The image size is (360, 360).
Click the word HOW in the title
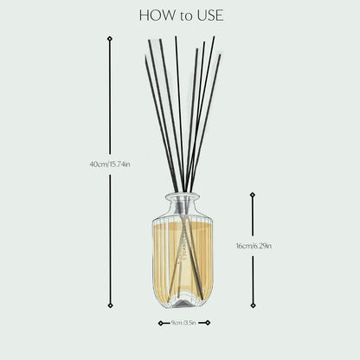click(x=154, y=15)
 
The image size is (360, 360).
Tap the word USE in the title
click(x=208, y=15)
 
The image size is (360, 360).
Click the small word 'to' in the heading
click(x=182, y=16)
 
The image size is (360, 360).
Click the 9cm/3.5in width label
click(x=184, y=323)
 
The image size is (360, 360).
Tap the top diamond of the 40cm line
click(x=109, y=39)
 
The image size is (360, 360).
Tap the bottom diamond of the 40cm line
click(x=109, y=305)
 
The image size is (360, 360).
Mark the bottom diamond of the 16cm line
click(x=253, y=305)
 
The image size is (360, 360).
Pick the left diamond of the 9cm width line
click(x=161, y=323)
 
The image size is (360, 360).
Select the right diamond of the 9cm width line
click(x=209, y=323)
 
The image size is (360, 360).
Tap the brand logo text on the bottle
click(x=183, y=251)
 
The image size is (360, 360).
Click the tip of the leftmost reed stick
click(x=149, y=41)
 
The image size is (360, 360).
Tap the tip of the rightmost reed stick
click(x=220, y=55)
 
